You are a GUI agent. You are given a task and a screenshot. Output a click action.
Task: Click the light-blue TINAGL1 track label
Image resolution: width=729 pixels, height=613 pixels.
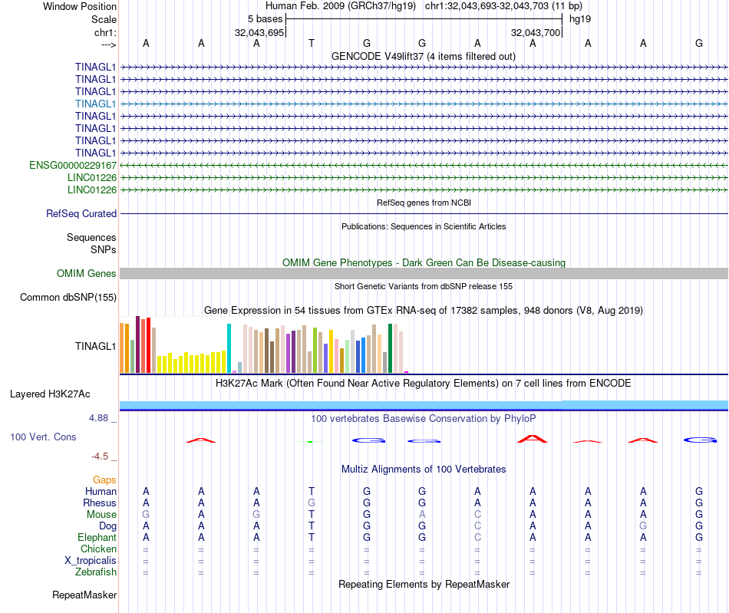pos(96,104)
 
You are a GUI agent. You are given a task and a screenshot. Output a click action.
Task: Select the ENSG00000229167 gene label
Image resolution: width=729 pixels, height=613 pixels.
pos(73,165)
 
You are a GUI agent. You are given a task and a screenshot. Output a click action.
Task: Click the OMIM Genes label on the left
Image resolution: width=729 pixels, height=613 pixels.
pos(87,274)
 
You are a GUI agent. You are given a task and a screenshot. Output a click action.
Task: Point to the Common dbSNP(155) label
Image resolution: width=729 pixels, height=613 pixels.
pos(68,298)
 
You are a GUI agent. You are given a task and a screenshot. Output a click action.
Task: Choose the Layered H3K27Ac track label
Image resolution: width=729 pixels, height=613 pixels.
pos(50,394)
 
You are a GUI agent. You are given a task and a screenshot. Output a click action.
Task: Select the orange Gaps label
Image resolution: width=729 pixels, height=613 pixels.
pos(104,480)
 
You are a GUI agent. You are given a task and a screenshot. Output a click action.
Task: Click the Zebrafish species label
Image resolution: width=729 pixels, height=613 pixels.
pos(96,572)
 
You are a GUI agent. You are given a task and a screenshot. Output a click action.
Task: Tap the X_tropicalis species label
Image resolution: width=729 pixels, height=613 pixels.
pos(91,560)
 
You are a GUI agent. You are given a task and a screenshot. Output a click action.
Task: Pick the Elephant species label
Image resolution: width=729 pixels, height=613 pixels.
pos(97,538)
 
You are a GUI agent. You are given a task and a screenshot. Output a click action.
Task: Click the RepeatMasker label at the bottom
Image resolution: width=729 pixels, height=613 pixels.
pos(84,595)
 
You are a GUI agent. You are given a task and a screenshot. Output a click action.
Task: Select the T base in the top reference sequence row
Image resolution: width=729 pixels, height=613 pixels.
pos(312,43)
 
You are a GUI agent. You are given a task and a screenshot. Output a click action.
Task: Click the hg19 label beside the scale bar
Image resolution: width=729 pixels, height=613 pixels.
pos(579,18)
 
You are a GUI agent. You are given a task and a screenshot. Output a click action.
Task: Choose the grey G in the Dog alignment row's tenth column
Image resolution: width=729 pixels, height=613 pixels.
pos(643,526)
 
